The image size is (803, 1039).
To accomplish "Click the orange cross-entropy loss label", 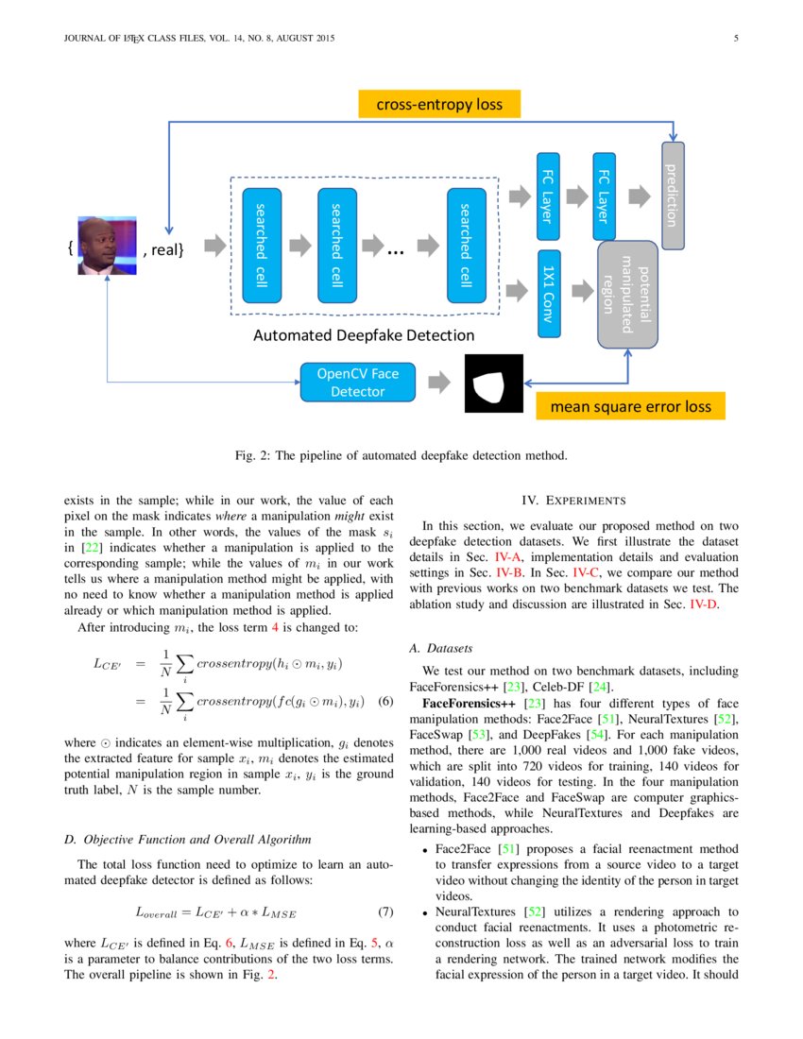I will (x=439, y=104).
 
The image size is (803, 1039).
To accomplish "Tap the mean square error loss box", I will (x=631, y=407).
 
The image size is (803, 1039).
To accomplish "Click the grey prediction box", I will (x=672, y=196).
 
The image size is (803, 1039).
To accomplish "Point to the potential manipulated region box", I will (x=627, y=294).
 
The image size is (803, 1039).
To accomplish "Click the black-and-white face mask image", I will (x=493, y=383).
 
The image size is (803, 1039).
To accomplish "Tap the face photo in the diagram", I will (x=107, y=246).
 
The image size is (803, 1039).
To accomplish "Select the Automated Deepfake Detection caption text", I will (x=364, y=335).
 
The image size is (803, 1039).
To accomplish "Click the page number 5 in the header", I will (x=735, y=39).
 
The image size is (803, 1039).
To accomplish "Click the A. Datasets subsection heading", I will (x=440, y=649).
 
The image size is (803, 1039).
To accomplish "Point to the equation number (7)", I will (x=384, y=912).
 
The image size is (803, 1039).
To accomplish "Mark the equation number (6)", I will (x=384, y=702).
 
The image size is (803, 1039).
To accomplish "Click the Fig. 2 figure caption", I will (x=401, y=455).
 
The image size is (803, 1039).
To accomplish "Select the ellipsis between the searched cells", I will (x=395, y=250).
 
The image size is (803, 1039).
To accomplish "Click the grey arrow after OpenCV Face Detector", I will (x=438, y=383).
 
